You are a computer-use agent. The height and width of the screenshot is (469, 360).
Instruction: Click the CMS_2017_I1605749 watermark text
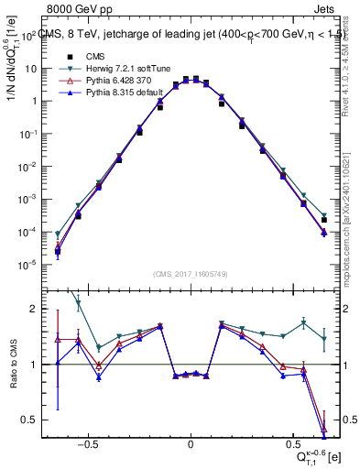point(191,274)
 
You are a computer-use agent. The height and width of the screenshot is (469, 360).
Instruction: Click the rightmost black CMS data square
point(324,220)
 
